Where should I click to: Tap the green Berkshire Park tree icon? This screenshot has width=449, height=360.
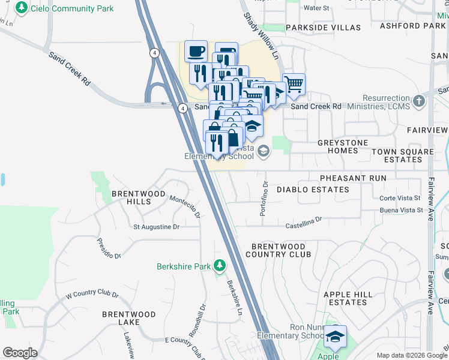coord(220,265)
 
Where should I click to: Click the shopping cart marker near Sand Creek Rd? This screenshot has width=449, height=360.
coord(294,85)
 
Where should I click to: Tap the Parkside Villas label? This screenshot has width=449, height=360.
coord(324,28)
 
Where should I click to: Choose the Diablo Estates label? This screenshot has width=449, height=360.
coord(312,190)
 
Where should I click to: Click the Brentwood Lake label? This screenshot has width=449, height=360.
coord(128,318)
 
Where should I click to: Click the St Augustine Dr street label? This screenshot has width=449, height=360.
coord(156,227)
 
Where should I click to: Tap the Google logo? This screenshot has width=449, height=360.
coord(20,353)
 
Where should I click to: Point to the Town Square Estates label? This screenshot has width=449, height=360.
coord(402,155)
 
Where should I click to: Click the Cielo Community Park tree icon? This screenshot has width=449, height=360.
coord(22,8)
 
